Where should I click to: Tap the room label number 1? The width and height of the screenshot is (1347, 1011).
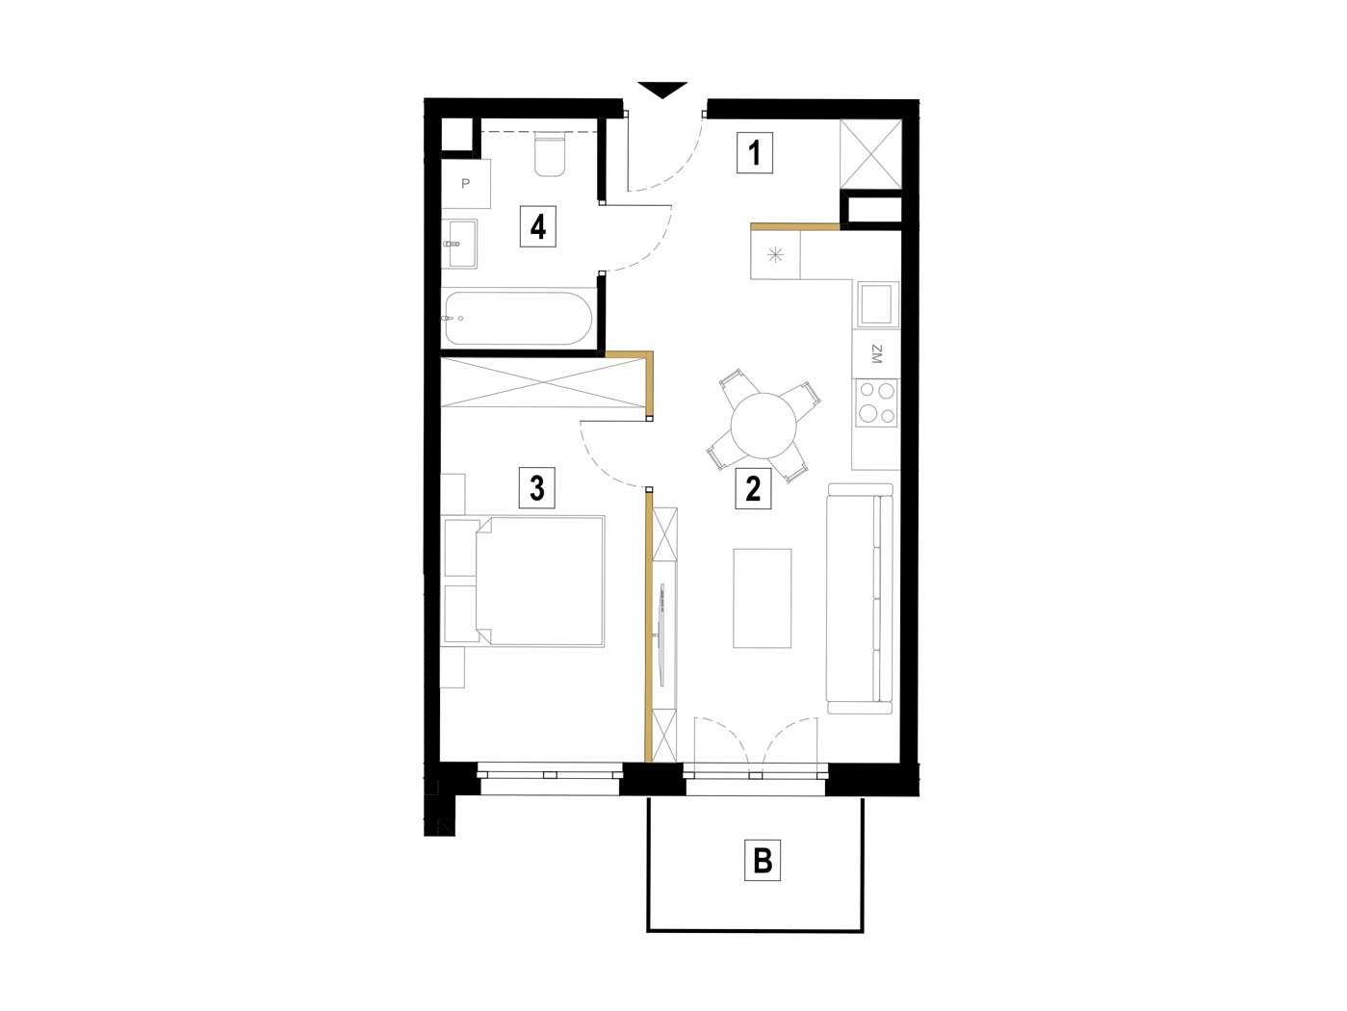tap(754, 153)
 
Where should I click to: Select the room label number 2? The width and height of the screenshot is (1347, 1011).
tap(753, 488)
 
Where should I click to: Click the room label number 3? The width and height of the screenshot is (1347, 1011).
tap(537, 488)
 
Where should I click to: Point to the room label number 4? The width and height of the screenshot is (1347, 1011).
tap(537, 227)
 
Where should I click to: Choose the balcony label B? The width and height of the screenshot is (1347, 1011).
tap(763, 860)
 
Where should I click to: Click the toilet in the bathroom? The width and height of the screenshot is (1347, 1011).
tap(549, 156)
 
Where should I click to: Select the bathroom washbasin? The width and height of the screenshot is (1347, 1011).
tap(460, 244)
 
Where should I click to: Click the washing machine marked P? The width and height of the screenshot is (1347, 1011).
tap(466, 184)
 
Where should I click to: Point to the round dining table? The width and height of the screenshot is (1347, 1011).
tap(764, 426)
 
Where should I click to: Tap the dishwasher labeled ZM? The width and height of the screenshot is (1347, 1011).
tap(876, 354)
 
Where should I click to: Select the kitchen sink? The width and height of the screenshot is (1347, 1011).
tap(878, 305)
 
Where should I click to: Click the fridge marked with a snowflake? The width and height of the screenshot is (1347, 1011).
tap(776, 254)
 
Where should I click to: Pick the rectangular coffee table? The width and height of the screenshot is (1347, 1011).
tap(763, 598)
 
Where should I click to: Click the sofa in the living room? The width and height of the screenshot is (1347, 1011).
tap(860, 598)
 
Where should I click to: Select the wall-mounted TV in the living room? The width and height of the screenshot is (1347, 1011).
tap(662, 635)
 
